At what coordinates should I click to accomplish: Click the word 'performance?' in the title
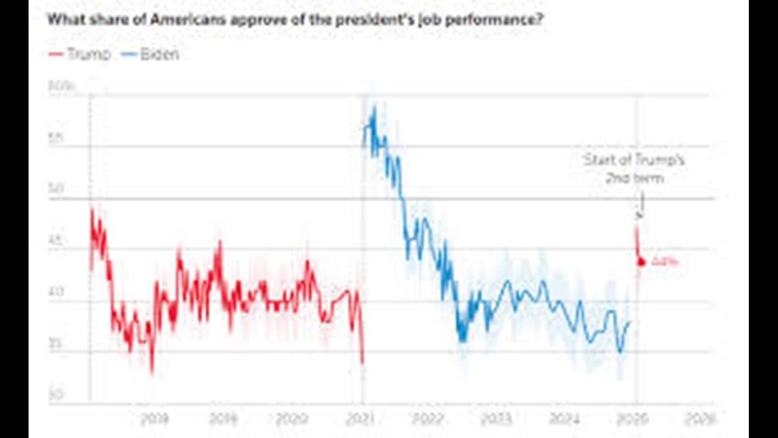pos(498,19)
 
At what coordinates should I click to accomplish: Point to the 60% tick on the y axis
pos(61,86)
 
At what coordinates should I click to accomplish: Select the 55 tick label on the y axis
pos(56,138)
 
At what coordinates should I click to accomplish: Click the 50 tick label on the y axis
pos(56,189)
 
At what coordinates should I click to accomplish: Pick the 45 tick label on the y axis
pos(56,241)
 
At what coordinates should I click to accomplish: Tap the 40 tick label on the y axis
pos(56,292)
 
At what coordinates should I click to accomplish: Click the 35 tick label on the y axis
pos(56,344)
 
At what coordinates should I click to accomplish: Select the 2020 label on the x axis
pos(292,419)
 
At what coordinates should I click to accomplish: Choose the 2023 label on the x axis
pos(497,419)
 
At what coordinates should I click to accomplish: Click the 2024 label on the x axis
pos(564,419)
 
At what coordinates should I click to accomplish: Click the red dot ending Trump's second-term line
pos(641,262)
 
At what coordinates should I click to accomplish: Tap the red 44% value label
pos(664,262)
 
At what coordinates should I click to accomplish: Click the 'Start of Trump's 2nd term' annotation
pos(634,169)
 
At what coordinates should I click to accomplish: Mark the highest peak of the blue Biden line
pos(374,108)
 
